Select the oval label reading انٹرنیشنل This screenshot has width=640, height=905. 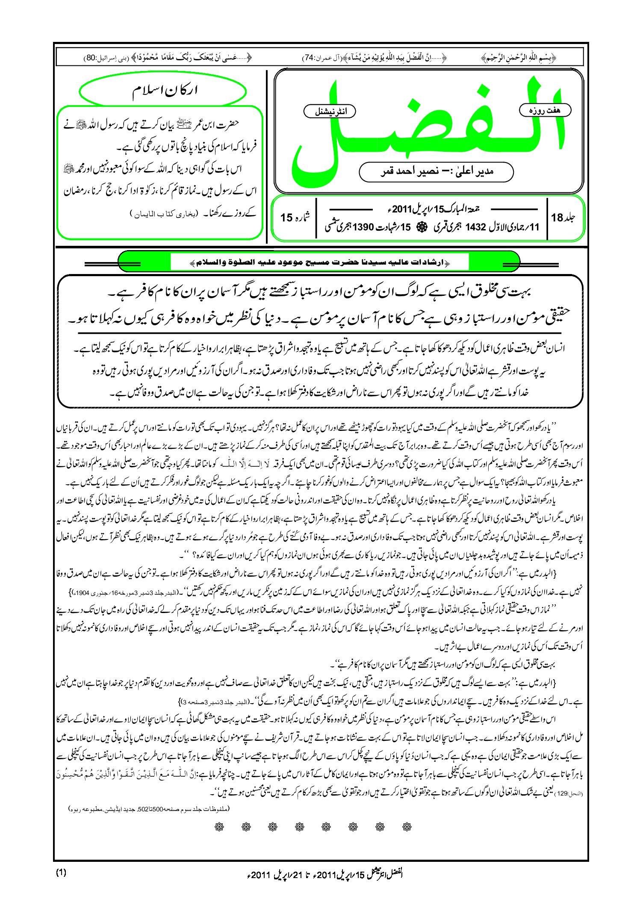(330, 112)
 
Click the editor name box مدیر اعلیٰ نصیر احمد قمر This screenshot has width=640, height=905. (436, 172)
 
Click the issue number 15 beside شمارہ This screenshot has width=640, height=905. (286, 218)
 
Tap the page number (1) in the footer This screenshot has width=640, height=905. (61, 873)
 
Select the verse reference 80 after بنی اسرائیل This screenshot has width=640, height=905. (91, 57)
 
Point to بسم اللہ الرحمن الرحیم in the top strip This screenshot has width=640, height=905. (519, 57)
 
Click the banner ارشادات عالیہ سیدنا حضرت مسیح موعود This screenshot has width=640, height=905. (319, 262)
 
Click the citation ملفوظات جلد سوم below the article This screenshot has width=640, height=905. (149, 809)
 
